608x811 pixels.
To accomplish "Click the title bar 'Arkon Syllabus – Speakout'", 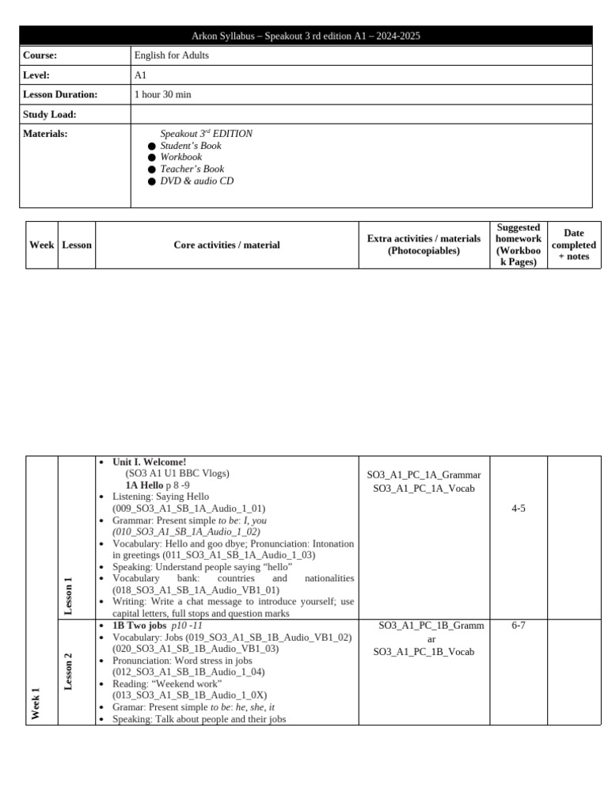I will [305, 36].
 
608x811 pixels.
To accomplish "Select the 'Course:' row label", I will [40, 55].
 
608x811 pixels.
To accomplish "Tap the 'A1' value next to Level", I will [142, 75].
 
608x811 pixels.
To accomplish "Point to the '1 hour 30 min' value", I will [163, 94].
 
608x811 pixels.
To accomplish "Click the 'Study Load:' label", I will [50, 114].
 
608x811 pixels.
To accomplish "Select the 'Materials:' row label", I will [45, 134].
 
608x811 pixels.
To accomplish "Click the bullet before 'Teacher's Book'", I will [152, 169].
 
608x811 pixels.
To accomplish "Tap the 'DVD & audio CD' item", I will [196, 181].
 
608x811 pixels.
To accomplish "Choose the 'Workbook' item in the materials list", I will [181, 158].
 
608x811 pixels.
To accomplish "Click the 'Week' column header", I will [41, 245].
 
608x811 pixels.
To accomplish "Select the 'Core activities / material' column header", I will [226, 245].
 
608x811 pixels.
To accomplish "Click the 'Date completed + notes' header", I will [574, 245].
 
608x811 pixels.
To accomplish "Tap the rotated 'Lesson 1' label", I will [69, 596].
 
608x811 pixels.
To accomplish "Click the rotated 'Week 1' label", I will [36, 704].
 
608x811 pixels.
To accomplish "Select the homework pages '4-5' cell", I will [519, 508].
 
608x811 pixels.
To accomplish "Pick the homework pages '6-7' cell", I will [519, 626].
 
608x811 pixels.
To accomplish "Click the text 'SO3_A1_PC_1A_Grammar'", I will [424, 475].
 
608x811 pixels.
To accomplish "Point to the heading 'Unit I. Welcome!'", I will [150, 462].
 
